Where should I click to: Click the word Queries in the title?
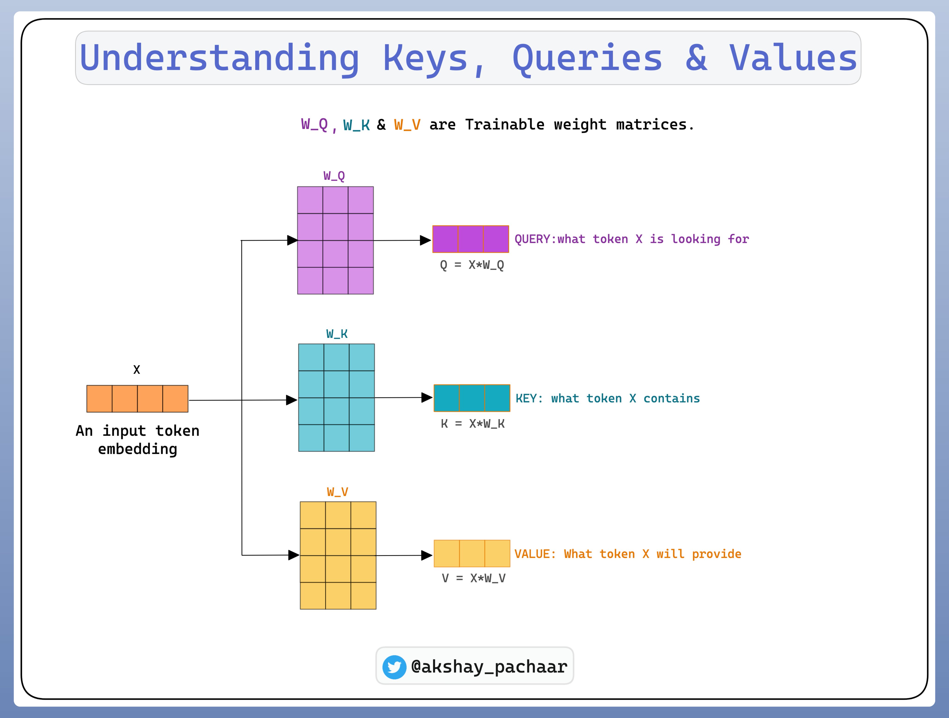pos(587,59)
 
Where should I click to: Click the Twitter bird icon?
pos(394,667)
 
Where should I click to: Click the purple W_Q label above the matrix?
pos(334,176)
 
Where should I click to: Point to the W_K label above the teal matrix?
pos(337,334)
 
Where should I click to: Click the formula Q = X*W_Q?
pos(472,265)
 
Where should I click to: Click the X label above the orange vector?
pos(136,369)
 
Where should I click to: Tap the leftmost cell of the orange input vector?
pos(100,399)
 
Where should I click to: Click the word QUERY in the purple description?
pos(532,239)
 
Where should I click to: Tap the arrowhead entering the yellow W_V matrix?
pos(294,555)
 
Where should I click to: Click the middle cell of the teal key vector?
pos(472,398)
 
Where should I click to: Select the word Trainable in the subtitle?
pos(505,124)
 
